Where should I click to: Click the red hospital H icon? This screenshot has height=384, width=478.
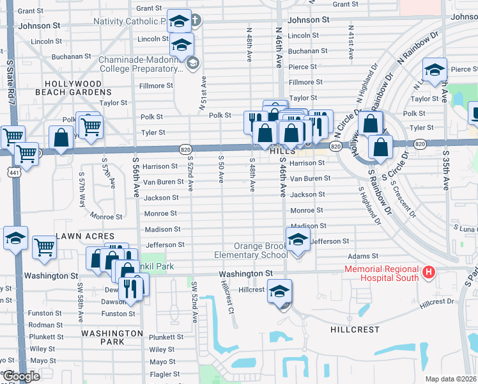click(429, 273)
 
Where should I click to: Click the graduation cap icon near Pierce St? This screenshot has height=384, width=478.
click(435, 69)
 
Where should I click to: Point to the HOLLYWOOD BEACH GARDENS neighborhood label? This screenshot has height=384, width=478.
click(73, 88)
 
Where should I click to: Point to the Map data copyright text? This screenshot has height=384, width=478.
click(451, 379)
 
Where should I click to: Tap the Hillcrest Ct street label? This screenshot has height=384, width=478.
click(226, 299)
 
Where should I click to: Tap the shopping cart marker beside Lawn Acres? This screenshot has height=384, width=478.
click(44, 246)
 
